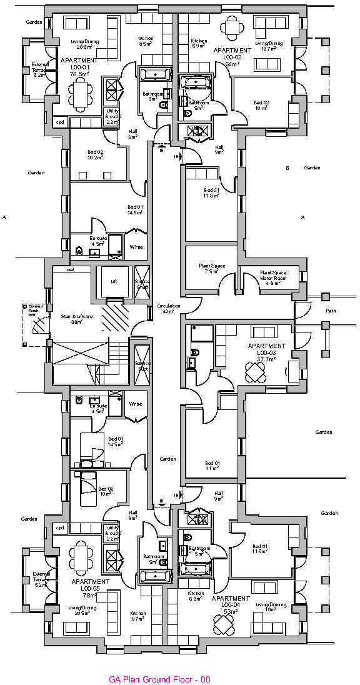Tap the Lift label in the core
tap(114, 282)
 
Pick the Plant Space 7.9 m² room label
tap(212, 269)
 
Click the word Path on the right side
tap(331, 311)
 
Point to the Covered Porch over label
tap(33, 311)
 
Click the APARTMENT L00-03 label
tap(266, 352)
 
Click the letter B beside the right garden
tap(287, 167)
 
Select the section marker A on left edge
tap(5, 217)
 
